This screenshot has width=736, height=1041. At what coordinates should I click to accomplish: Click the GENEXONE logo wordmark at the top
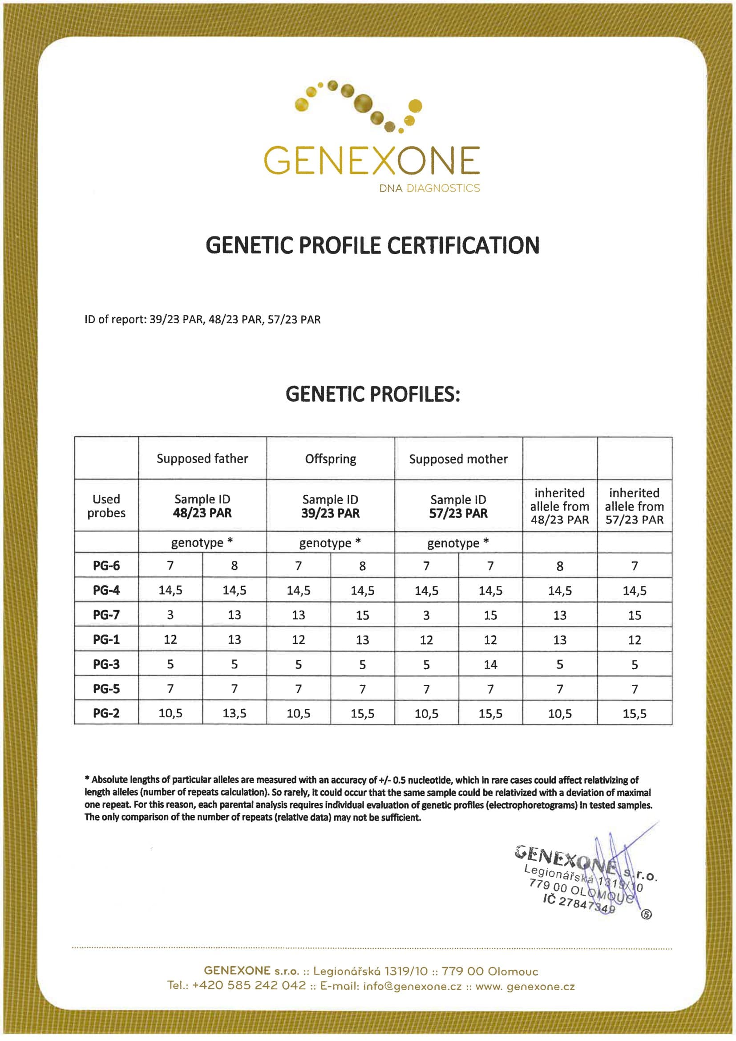tap(372, 160)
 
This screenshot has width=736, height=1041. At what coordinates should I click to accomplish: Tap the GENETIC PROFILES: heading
tap(372, 394)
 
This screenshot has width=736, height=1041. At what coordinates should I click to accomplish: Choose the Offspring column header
tap(330, 459)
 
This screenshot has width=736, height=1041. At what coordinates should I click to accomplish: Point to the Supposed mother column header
tap(458, 459)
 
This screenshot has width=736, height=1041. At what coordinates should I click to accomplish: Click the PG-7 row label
tap(106, 615)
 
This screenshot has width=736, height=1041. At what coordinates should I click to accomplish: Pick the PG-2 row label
tap(106, 713)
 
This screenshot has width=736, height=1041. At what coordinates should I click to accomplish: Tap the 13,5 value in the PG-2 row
tap(235, 713)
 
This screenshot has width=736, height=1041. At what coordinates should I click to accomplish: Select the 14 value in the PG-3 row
tap(490, 664)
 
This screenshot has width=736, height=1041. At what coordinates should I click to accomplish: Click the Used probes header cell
tap(106, 505)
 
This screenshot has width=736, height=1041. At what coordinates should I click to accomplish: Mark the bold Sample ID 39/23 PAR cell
tap(330, 513)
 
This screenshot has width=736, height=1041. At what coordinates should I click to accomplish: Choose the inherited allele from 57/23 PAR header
tap(634, 506)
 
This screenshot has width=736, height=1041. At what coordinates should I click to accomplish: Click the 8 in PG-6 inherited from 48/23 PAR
tap(560, 566)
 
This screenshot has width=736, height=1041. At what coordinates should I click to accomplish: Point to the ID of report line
tap(202, 320)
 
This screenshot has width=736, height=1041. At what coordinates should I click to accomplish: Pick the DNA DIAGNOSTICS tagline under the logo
tap(429, 188)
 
